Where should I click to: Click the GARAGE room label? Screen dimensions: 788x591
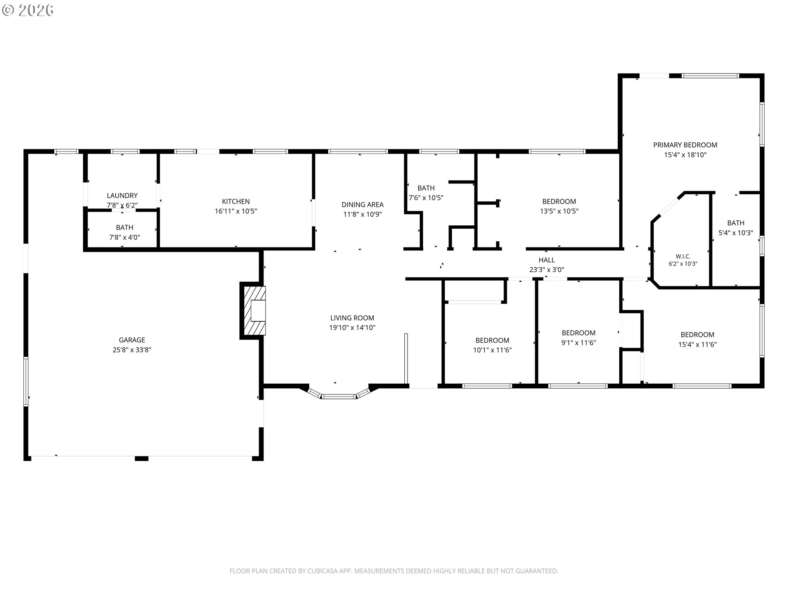point(132,340)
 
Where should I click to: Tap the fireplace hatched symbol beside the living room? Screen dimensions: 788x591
point(254,311)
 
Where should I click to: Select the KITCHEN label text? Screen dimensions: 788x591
point(236,202)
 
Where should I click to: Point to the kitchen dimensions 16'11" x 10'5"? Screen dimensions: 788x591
point(236,211)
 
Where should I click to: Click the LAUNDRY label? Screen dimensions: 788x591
point(122,196)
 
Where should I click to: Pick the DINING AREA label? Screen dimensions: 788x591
point(362,204)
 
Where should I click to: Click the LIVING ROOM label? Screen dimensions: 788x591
point(352,318)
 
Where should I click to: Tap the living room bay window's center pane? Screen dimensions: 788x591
point(339,396)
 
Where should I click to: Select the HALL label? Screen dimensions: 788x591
point(547,260)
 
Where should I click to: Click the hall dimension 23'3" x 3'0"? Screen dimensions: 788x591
point(547,270)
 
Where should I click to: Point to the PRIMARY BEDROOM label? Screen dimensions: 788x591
point(685,145)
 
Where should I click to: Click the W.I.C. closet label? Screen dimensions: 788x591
point(683,257)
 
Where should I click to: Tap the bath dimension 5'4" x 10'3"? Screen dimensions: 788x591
point(735,233)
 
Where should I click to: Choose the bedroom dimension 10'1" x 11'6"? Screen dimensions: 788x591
point(492,350)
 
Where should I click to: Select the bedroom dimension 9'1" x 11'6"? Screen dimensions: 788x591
point(578,343)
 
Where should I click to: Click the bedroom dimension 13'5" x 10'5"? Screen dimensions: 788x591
point(559,211)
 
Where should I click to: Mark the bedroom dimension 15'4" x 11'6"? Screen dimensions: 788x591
point(697,345)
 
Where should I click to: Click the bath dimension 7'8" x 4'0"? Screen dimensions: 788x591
point(124,237)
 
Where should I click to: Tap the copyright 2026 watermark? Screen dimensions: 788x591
point(27,10)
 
